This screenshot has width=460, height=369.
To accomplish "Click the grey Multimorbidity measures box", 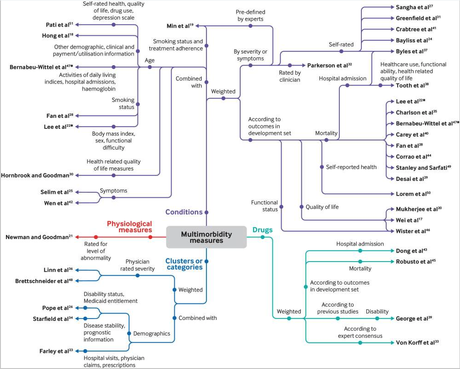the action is [x=206, y=237].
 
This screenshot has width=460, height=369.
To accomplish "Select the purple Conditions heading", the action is [x=184, y=212].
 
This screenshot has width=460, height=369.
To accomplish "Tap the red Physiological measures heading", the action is [x=129, y=227].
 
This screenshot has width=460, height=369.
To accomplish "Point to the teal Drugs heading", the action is [x=263, y=230].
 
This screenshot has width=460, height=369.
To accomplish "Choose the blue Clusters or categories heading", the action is [x=184, y=264].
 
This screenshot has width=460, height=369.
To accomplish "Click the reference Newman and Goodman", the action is [x=39, y=237].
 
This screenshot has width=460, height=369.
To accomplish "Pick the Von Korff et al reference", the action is [x=417, y=342].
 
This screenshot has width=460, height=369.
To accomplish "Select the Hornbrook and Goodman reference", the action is [x=37, y=175].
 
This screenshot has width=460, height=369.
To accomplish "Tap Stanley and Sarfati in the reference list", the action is [x=423, y=168].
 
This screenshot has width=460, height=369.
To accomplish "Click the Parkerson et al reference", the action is [x=329, y=65].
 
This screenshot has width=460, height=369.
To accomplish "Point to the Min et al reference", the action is [x=180, y=26].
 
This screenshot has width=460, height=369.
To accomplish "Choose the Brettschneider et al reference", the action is [x=44, y=281].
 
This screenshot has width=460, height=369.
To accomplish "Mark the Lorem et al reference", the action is [x=413, y=194].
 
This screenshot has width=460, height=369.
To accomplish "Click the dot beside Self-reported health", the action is [x=322, y=167].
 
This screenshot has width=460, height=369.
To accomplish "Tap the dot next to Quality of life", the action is [x=301, y=207].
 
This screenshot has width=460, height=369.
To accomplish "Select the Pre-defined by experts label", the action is [x=250, y=16].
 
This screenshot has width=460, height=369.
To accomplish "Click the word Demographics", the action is [x=152, y=334].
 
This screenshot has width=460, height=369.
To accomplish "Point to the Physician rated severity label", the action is [x=137, y=265].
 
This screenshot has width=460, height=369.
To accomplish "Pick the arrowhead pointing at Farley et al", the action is [x=77, y=351].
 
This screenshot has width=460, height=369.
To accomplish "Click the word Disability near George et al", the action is [x=377, y=312].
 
